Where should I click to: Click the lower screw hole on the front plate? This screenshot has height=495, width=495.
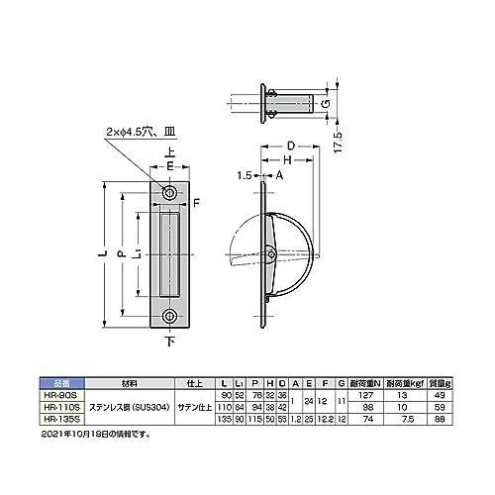tap(172, 317)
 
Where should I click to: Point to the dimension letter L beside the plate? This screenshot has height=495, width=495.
tap(103, 255)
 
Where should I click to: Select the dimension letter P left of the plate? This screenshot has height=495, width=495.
tap(124, 254)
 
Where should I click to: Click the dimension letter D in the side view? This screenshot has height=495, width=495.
tap(291, 147)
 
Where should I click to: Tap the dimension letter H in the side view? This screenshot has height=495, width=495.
tap(285, 160)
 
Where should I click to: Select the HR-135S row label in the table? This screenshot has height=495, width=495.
tap(67, 418)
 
